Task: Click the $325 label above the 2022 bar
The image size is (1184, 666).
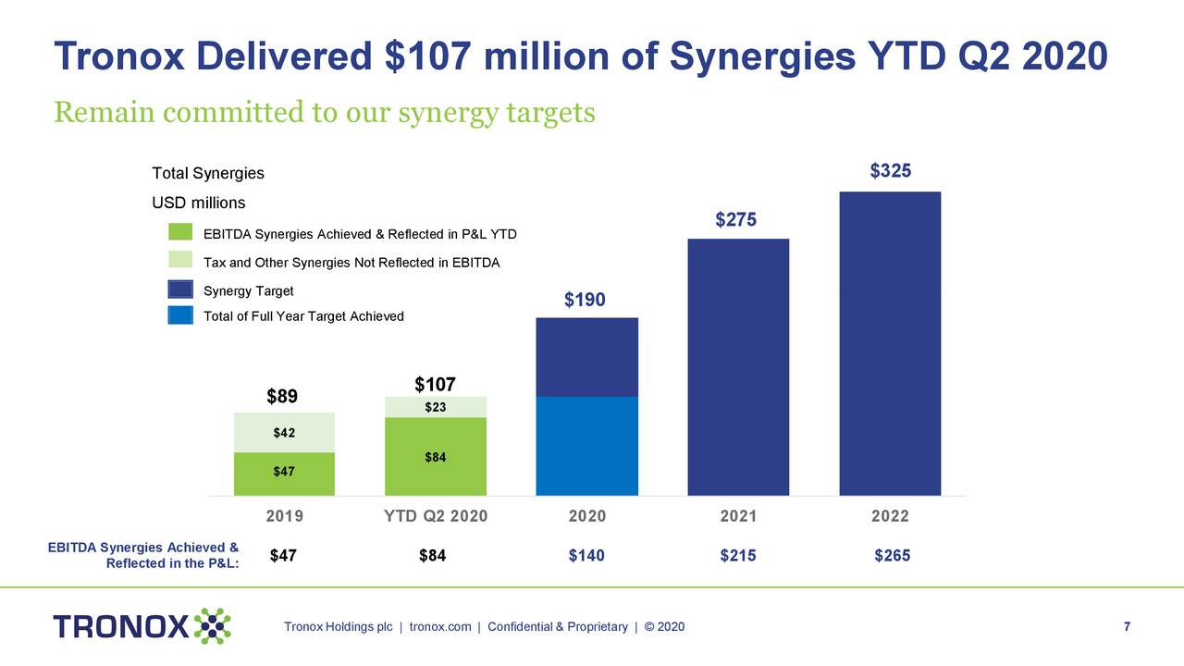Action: (891, 171)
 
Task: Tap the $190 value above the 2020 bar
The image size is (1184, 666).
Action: (585, 300)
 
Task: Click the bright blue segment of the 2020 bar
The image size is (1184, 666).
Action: (587, 446)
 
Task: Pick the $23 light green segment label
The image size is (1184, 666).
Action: (435, 407)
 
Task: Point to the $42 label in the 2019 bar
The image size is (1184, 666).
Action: (284, 432)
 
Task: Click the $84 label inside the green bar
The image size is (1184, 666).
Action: (435, 457)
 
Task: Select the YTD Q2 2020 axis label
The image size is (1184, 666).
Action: (435, 516)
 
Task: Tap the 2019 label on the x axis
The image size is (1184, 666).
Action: (284, 516)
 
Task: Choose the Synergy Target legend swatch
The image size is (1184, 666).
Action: (180, 290)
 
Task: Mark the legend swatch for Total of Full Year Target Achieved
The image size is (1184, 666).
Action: (180, 315)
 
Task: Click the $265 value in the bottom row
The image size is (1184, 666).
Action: (893, 556)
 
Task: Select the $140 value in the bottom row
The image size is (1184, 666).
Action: (586, 556)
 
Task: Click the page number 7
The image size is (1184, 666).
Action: (1127, 627)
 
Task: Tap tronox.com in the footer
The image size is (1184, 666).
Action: (440, 627)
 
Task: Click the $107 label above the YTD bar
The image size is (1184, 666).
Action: (435, 385)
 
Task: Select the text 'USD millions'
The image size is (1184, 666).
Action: (199, 203)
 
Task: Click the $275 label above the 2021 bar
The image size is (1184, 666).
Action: (736, 220)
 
